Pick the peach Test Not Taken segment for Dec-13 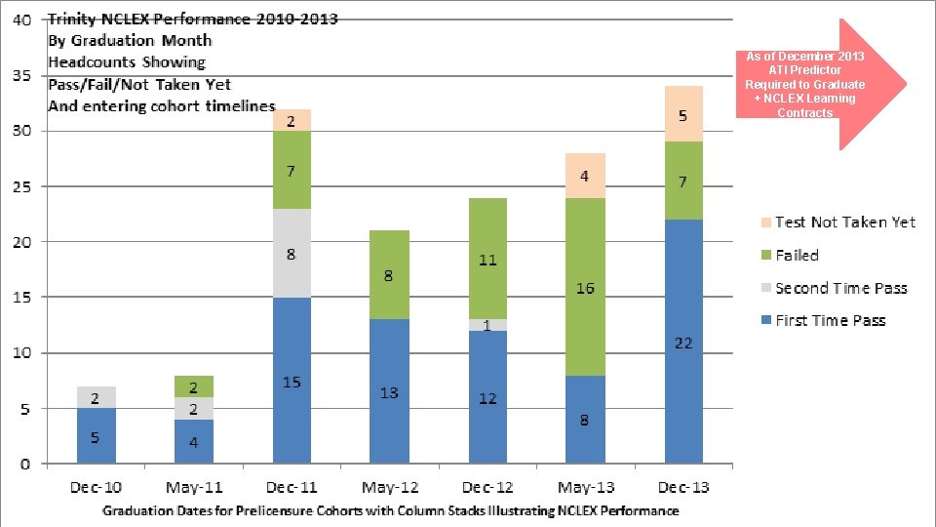pyautogui.click(x=683, y=113)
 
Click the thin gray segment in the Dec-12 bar pyautogui.click(x=487, y=325)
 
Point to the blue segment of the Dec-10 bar pyautogui.click(x=96, y=435)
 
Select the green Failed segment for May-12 pyautogui.click(x=389, y=275)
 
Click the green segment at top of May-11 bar pyautogui.click(x=193, y=386)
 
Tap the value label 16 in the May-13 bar pyautogui.click(x=585, y=289)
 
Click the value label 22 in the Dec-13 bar pyautogui.click(x=682, y=344)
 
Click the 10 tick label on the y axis pyautogui.click(x=21, y=352)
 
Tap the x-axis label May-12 pyautogui.click(x=389, y=486)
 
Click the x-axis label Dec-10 pyautogui.click(x=96, y=486)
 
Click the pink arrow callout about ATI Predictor pyautogui.click(x=819, y=84)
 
